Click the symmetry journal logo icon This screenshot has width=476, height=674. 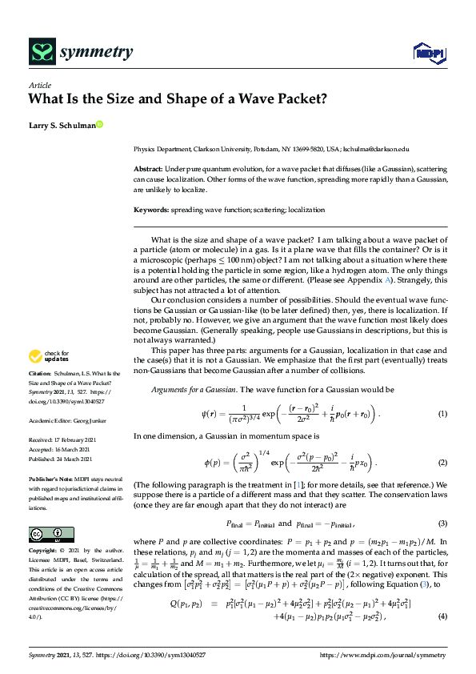42,54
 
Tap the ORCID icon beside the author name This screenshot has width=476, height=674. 99,124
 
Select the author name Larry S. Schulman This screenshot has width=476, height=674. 61,125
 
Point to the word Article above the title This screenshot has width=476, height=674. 40,86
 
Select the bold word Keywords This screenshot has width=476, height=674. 151,210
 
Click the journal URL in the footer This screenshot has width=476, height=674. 383,655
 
